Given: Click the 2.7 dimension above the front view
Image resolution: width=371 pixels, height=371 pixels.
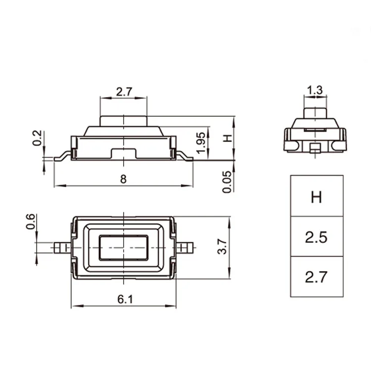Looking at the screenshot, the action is coord(124,92).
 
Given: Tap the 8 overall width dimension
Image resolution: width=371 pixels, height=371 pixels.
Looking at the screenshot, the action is coord(124,179).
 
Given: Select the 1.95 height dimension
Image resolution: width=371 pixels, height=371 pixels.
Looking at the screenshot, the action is coord(201,142).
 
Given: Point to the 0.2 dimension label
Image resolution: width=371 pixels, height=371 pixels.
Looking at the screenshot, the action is coord(37,138).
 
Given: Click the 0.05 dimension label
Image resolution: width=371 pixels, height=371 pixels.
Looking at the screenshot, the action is coord(227,182).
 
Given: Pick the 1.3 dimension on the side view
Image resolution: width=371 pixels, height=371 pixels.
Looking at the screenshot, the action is coord(315,90).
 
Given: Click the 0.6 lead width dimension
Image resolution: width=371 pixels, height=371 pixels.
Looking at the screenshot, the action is coord(31,222).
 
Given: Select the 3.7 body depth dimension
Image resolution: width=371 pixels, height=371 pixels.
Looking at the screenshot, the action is coord(222,247).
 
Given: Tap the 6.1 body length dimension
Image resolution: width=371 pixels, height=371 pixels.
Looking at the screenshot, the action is coord(126,299).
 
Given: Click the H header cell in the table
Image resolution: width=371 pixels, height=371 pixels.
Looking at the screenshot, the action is coord(317,197).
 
